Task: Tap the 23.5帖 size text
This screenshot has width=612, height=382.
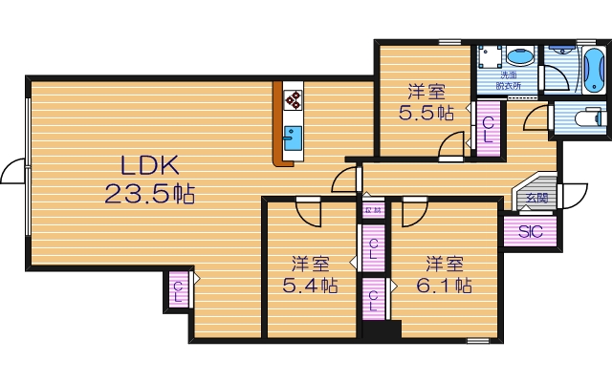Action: pos(150,194)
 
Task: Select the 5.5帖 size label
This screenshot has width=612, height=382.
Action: pos(426,113)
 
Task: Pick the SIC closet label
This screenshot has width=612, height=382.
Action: pos(530,231)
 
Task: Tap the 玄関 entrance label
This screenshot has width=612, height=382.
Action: pos(535,198)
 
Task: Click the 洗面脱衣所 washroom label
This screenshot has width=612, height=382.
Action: pos(510,80)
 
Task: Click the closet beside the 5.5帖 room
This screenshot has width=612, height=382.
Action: pos(488,128)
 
